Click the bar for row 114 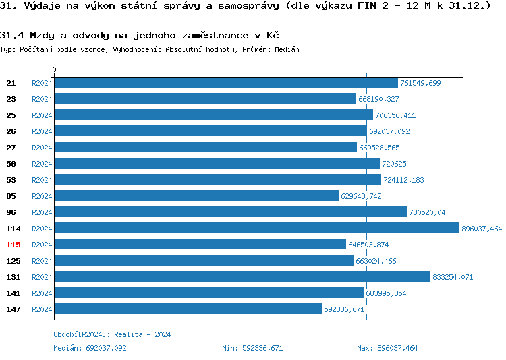(256, 229)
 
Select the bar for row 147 (188, 309)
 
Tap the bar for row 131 (242, 277)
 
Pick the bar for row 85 (196, 196)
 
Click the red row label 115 (13, 245)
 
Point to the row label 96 (11, 212)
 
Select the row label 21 (11, 83)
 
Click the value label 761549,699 (420, 83)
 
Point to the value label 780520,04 (427, 212)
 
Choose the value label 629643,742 (361, 196)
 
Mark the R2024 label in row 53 (42, 180)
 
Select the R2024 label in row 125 (42, 261)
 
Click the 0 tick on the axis (55, 70)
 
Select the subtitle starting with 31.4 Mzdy (140, 35)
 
